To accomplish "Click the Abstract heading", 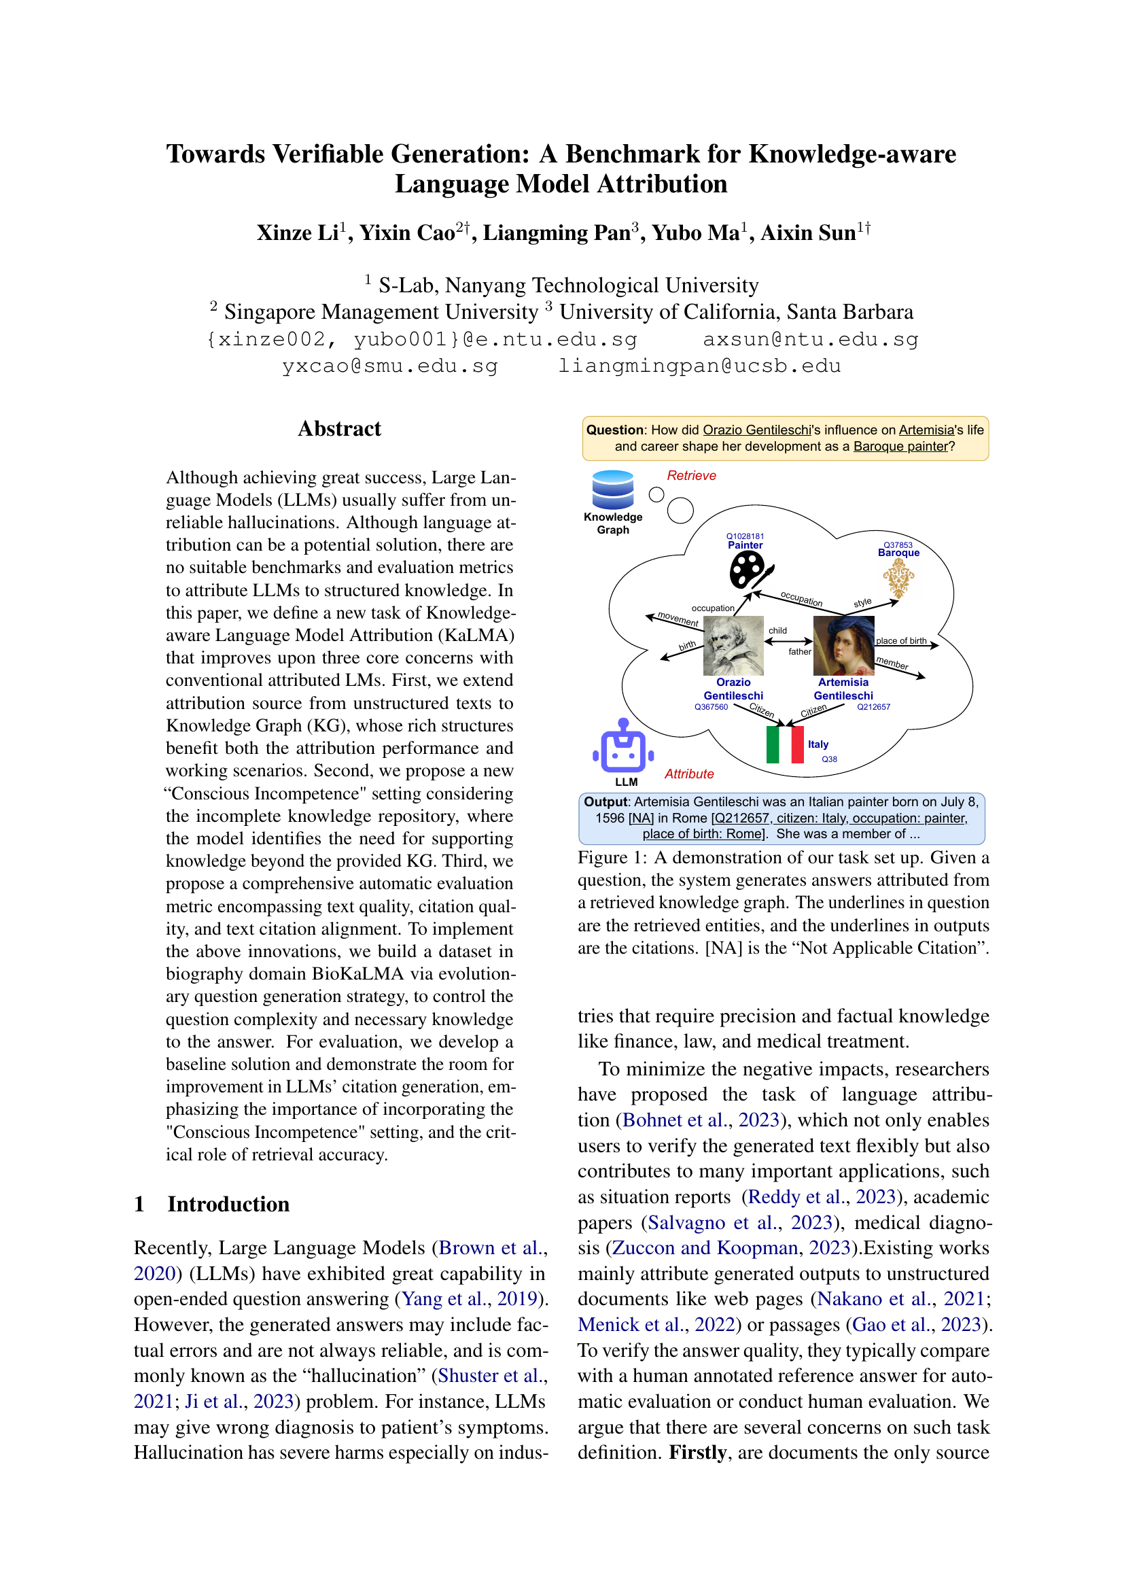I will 339,429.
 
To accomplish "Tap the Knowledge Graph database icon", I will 612,489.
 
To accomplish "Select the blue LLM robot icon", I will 624,746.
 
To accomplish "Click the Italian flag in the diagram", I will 785,744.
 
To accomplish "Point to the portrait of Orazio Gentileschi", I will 733,645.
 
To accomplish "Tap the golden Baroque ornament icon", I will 898,578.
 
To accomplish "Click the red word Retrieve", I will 690,476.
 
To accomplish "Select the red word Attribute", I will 688,774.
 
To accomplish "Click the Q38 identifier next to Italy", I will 829,759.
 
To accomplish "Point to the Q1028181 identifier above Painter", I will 745,536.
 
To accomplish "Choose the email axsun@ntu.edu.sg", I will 811,339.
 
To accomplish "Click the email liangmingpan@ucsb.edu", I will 699,366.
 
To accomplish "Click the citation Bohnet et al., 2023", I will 701,1120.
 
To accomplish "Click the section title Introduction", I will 228,1204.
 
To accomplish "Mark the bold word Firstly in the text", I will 697,1452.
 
